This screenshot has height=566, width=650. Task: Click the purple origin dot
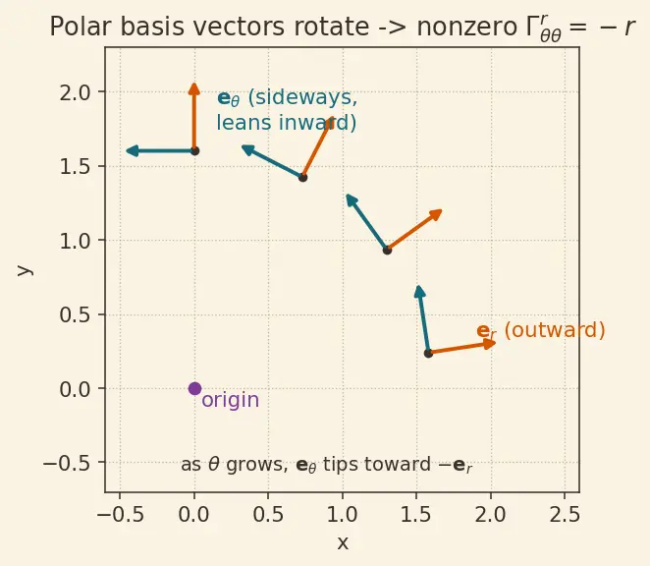pyautogui.click(x=194, y=389)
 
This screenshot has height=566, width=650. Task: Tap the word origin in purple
pyautogui.click(x=231, y=400)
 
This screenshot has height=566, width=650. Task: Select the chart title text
pyautogui.click(x=342, y=28)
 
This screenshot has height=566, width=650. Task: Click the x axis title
pyautogui.click(x=343, y=542)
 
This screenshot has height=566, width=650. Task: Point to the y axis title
pyautogui.click(x=25, y=270)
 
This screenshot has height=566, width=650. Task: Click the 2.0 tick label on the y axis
pyautogui.click(x=75, y=92)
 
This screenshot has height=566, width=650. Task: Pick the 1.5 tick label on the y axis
pyautogui.click(x=75, y=167)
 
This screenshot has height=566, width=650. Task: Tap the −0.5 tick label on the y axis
pyautogui.click(x=67, y=463)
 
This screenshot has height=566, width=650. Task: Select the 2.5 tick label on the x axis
pyautogui.click(x=565, y=515)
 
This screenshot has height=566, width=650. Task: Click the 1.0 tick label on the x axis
pyautogui.click(x=343, y=515)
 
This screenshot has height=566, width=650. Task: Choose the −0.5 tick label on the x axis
pyautogui.click(x=120, y=515)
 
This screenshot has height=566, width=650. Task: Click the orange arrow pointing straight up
pyautogui.click(x=194, y=117)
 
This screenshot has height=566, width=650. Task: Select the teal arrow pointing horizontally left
pyautogui.click(x=160, y=151)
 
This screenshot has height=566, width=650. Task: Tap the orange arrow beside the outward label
pyautogui.click(x=462, y=348)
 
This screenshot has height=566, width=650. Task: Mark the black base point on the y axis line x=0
pyautogui.click(x=194, y=151)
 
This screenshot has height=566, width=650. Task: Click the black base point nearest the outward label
pyautogui.click(x=428, y=354)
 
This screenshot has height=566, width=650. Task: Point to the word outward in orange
pyautogui.click(x=555, y=331)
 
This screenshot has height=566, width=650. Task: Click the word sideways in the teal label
pyautogui.click(x=302, y=97)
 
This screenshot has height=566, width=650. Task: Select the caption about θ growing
pyautogui.click(x=327, y=465)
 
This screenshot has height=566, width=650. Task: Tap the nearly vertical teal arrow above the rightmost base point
pyautogui.click(x=423, y=319)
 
